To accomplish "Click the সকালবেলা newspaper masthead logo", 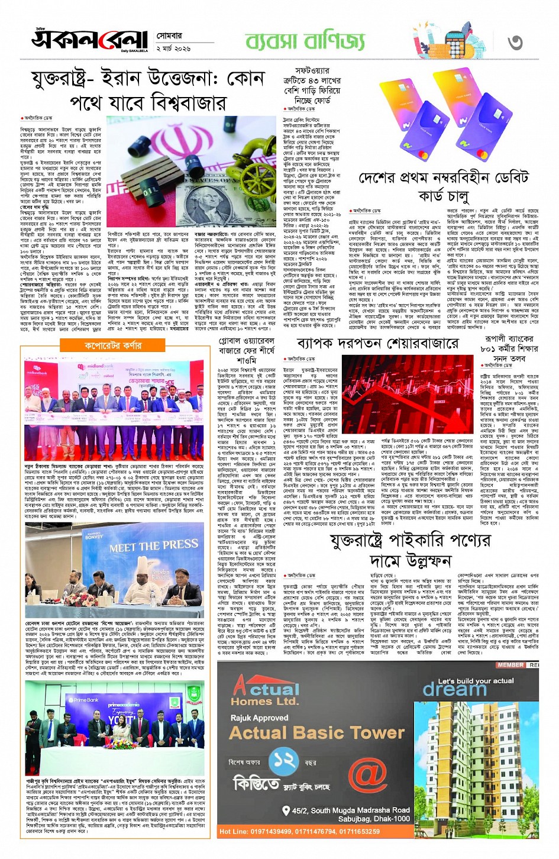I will (89, 40).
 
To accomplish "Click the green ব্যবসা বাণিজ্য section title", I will (305, 41).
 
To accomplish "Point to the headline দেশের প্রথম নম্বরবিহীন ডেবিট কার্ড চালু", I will (443, 186).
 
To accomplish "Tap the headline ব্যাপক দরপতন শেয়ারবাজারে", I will (377, 343).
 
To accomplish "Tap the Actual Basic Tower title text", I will (316, 733).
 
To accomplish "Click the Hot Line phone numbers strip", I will (299, 831).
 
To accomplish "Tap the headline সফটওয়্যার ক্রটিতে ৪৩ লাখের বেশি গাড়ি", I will (312, 86).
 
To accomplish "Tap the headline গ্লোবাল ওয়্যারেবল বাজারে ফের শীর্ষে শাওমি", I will (247, 350).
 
